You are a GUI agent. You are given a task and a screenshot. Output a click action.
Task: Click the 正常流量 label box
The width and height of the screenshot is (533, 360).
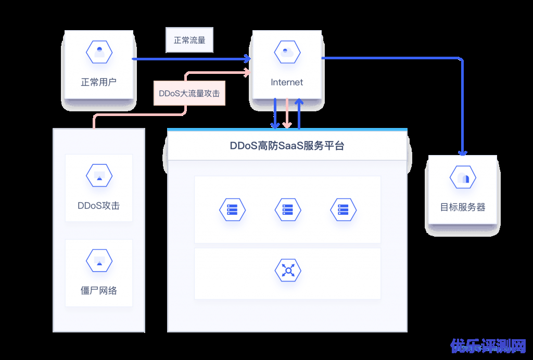click(x=189, y=40)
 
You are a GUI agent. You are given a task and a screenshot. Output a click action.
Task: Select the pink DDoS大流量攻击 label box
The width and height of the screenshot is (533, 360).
click(x=189, y=94)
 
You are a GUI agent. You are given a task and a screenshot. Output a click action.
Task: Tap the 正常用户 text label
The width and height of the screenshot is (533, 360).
click(x=99, y=82)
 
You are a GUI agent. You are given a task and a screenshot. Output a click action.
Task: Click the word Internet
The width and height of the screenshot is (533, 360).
click(x=287, y=82)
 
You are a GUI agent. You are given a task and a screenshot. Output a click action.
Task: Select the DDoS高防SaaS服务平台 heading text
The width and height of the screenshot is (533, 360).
click(x=287, y=146)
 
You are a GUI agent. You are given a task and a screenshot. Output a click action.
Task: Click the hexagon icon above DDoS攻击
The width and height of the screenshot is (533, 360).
click(x=99, y=176)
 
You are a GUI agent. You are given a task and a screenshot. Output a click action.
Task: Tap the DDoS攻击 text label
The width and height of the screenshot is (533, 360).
click(x=99, y=205)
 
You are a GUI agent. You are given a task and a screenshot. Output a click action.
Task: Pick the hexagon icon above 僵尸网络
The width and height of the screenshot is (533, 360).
click(x=99, y=261)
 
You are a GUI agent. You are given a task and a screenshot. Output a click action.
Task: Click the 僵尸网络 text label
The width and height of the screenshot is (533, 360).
click(x=99, y=291)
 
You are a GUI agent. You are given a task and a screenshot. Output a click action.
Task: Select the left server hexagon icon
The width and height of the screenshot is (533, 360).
click(x=232, y=210)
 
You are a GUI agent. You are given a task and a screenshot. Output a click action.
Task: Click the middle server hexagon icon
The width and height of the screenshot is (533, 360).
click(x=288, y=210)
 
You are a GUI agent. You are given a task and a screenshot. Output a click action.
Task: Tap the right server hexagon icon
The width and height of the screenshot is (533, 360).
click(x=343, y=210)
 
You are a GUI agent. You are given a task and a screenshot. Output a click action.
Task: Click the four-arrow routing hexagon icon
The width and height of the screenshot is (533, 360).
click(x=288, y=271)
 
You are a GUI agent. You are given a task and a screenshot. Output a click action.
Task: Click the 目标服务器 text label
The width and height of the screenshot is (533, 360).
click(x=463, y=207)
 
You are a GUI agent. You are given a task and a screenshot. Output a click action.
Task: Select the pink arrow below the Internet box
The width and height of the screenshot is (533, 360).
click(x=287, y=114)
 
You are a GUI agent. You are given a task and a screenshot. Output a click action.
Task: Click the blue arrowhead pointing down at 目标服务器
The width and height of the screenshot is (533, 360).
click(x=463, y=152)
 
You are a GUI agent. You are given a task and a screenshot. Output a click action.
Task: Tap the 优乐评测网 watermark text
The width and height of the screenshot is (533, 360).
click(x=489, y=346)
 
